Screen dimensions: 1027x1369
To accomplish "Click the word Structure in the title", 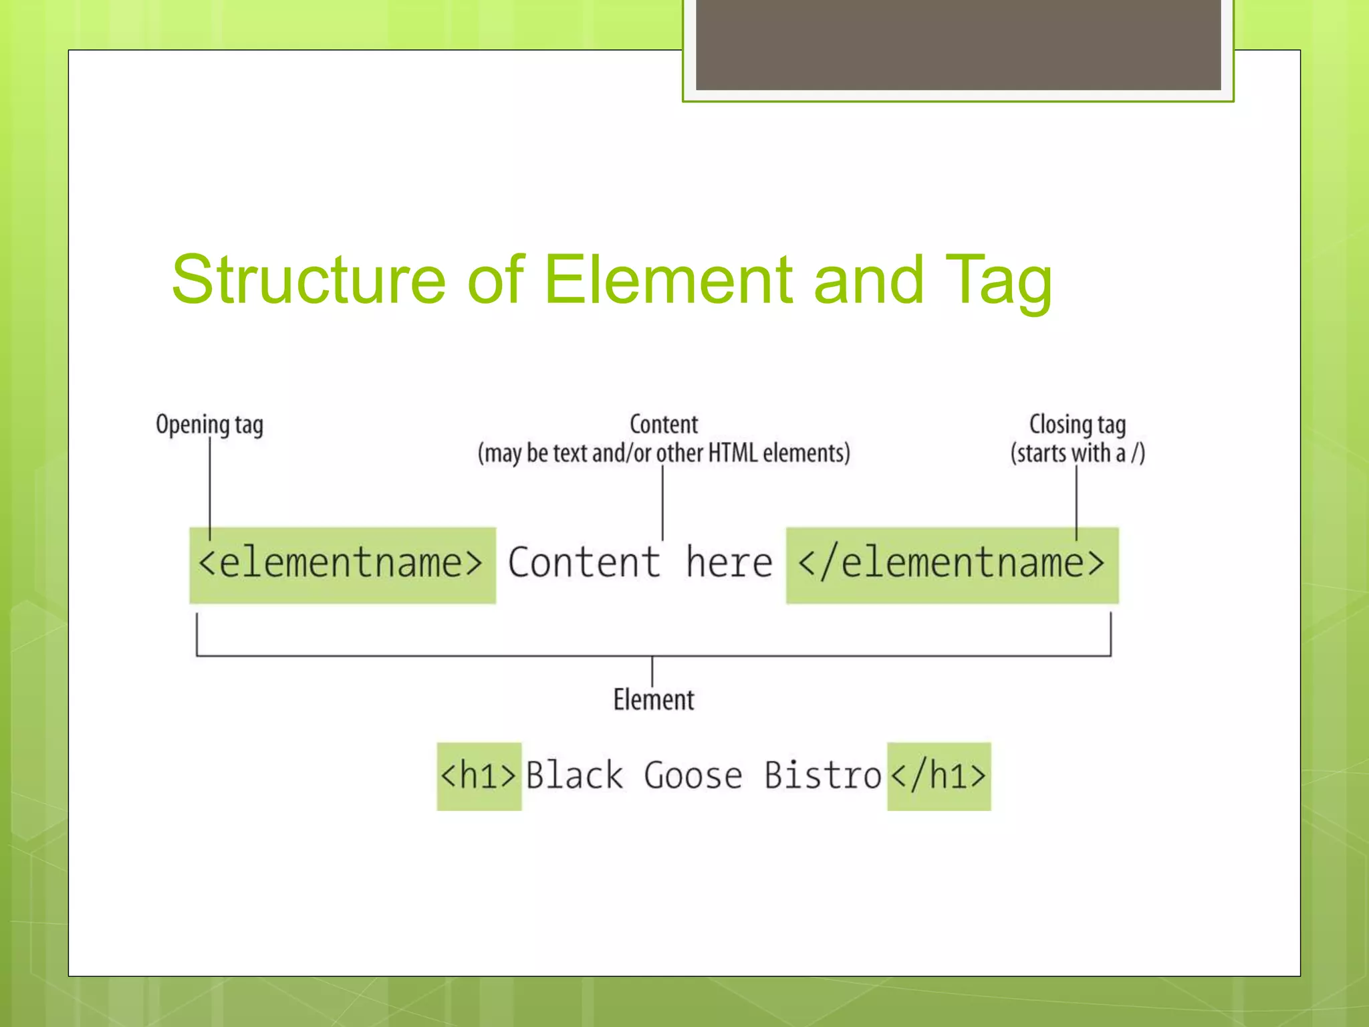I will [x=308, y=279].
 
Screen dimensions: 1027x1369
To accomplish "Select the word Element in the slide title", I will [x=669, y=279].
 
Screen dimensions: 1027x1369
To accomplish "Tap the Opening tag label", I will [x=209, y=425].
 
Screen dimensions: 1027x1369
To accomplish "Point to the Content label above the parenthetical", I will [x=664, y=424].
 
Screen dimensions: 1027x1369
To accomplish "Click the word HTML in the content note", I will [x=733, y=453].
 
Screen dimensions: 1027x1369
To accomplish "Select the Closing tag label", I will [x=1077, y=424].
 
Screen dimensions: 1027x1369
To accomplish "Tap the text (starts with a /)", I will [x=1078, y=453].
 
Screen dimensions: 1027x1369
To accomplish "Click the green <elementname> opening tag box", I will [x=342, y=565].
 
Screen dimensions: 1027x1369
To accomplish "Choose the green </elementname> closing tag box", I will [x=952, y=565].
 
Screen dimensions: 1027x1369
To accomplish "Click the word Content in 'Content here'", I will [x=584, y=562].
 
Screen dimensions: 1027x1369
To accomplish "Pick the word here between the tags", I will [x=729, y=562].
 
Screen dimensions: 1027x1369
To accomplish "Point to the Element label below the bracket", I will [x=654, y=700].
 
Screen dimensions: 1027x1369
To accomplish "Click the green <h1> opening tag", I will [x=479, y=776].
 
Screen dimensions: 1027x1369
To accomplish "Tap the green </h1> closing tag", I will [x=939, y=776].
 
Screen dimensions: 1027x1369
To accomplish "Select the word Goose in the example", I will [x=693, y=776].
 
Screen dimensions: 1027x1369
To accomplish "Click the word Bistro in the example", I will [x=823, y=776].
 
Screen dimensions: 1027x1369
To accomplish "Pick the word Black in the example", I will [x=575, y=776].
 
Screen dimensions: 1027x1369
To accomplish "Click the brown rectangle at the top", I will [x=958, y=44].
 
